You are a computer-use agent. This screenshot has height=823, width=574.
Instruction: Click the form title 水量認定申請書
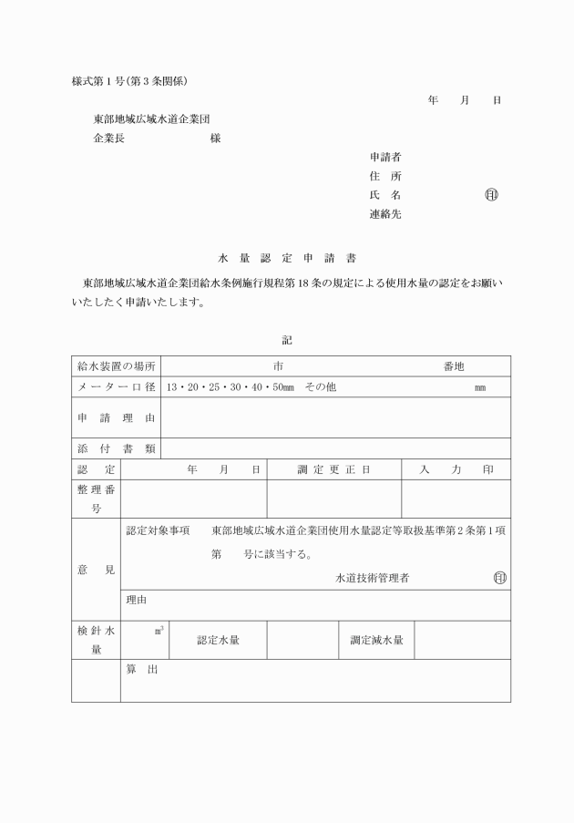pyautogui.click(x=287, y=258)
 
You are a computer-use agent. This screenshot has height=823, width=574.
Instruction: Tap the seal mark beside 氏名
pyautogui.click(x=492, y=195)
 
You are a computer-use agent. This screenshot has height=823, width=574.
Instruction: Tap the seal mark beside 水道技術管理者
pyautogui.click(x=498, y=578)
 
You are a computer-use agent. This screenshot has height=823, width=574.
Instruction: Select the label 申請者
pyautogui.click(x=385, y=157)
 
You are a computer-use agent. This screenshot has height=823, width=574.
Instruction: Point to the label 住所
pyautogui.click(x=385, y=176)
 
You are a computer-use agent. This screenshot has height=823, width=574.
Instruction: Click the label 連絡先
pyautogui.click(x=385, y=214)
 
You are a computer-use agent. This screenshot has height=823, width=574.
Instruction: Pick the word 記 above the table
pyautogui.click(x=287, y=340)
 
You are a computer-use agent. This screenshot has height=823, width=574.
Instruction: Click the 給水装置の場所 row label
pyautogui.click(x=116, y=365)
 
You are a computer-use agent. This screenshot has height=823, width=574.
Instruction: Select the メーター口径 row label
pyautogui.click(x=116, y=386)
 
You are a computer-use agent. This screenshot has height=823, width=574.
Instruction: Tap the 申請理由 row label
pyautogui.click(x=116, y=417)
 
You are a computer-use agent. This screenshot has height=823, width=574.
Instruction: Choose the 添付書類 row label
pyautogui.click(x=116, y=448)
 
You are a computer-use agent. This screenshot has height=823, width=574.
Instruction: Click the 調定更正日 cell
pyautogui.click(x=333, y=469)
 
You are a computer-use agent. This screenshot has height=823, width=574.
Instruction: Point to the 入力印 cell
pyautogui.click(x=456, y=469)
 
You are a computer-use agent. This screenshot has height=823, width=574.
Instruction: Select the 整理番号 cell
pyautogui.click(x=96, y=499)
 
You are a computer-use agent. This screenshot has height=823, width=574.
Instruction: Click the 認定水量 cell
pyautogui.click(x=219, y=640)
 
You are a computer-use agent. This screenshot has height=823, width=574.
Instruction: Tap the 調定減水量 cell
pyautogui.click(x=376, y=640)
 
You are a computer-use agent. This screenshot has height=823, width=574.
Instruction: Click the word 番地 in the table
pyautogui.click(x=454, y=365)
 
